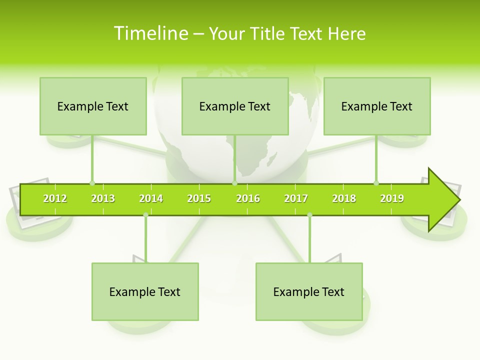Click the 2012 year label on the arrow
(55, 198)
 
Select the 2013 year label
(103, 198)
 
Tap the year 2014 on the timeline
(151, 198)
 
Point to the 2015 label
(199, 198)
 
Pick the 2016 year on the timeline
(248, 198)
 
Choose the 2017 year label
(296, 198)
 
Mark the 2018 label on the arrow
(344, 198)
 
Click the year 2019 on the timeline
(392, 198)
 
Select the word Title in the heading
(267, 33)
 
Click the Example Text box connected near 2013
(93, 106)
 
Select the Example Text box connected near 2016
(235, 106)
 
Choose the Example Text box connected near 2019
(377, 106)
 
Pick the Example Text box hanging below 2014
(145, 291)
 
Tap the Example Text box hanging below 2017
(309, 291)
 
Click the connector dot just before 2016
(234, 183)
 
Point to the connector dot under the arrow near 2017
(309, 215)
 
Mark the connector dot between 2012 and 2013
(92, 183)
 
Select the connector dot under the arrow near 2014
(145, 215)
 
